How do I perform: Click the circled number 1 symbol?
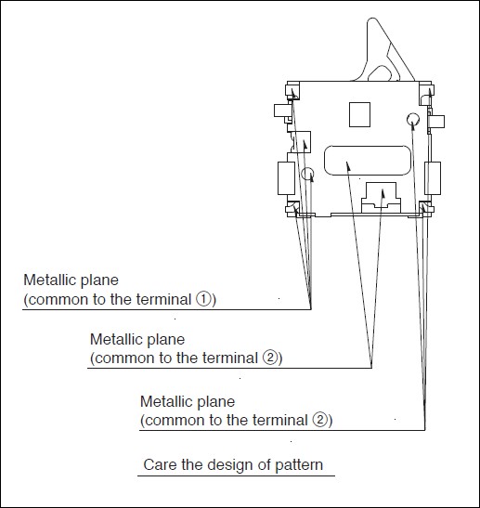coord(203,299)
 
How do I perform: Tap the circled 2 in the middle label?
coord(270,358)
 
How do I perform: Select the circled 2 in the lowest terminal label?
coord(320,420)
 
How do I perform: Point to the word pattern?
coord(299,465)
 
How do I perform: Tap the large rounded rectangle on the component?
coord(368,161)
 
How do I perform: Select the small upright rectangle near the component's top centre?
coord(359,114)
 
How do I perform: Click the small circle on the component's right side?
coord(413,119)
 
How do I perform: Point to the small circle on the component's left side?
coord(307,174)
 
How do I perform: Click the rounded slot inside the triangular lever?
coord(382,73)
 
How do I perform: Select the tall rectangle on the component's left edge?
coord(286,178)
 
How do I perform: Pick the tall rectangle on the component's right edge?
coord(433,178)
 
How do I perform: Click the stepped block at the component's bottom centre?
coord(381,197)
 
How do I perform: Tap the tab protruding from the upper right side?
coord(437,122)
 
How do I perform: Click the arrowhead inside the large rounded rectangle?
coord(348,165)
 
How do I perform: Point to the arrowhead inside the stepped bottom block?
coord(383,193)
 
